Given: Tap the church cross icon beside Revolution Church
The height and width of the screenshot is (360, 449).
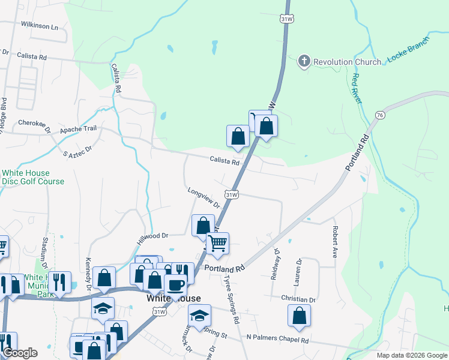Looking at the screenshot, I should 304,61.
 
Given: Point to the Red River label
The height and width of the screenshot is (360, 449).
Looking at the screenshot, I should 357,88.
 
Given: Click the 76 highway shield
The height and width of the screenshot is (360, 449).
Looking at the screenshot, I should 380,115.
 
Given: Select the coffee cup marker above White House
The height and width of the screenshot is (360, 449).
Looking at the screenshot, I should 175,284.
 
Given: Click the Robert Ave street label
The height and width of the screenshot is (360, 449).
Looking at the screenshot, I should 335,241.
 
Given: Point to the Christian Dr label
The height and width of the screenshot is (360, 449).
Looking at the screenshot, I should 298,299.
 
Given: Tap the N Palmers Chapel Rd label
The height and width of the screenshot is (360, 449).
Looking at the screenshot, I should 277,340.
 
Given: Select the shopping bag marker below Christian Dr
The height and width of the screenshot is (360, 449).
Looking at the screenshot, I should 299,316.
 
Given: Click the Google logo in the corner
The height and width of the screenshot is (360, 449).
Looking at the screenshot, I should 20,353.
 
